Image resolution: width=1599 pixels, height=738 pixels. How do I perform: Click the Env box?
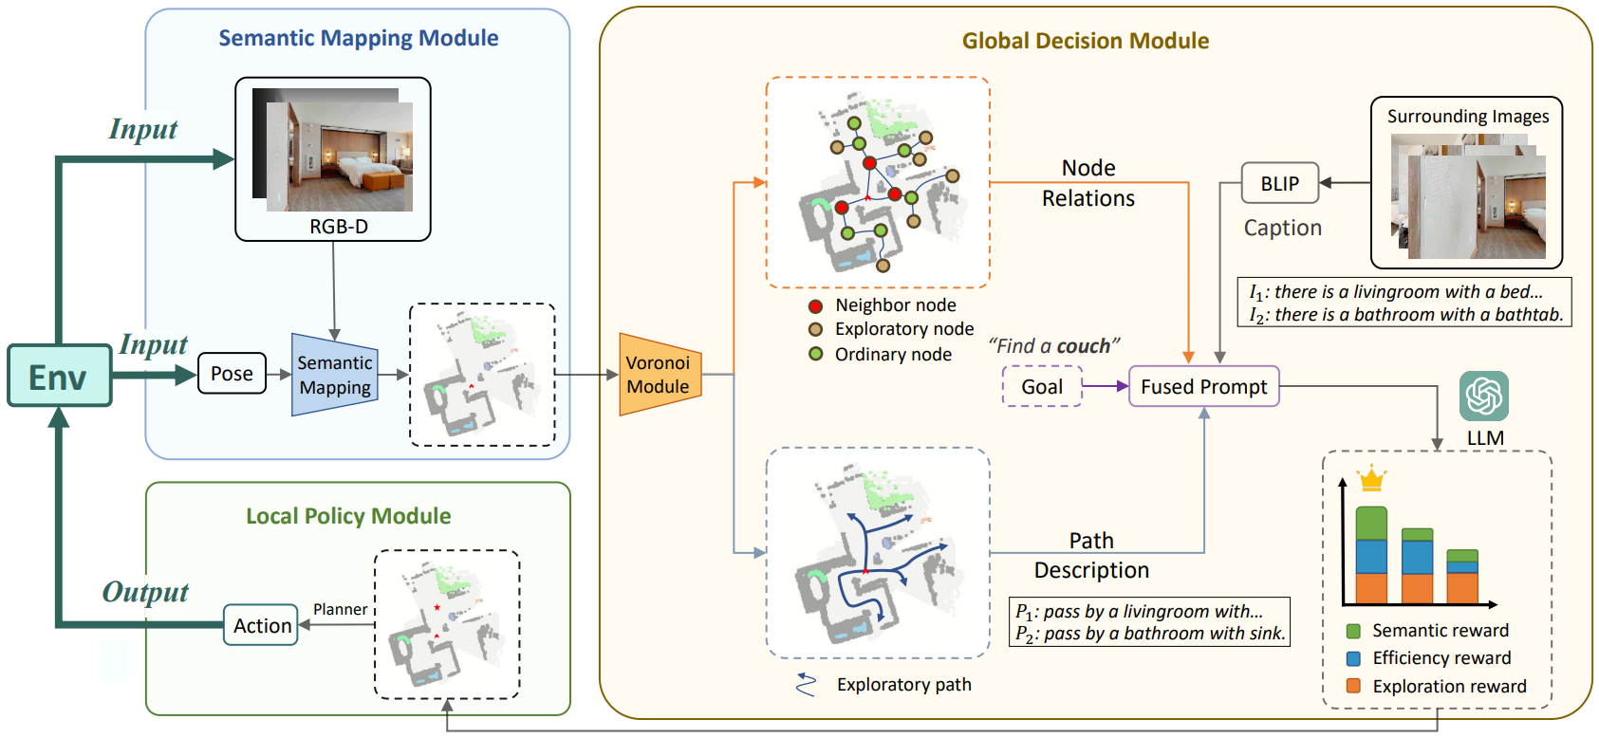coord(59,377)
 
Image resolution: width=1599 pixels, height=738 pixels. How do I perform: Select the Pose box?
coord(232,374)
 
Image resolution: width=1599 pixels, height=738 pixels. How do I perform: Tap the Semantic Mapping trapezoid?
coord(335,375)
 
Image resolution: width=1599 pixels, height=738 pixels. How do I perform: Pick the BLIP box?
coord(1279,183)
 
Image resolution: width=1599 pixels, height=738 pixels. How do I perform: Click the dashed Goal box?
coord(1042,387)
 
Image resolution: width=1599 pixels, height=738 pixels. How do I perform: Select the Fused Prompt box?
coord(1203,387)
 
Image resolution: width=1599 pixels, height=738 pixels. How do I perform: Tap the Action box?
coord(262,626)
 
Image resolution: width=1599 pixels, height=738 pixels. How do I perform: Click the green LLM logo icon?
coord(1484,397)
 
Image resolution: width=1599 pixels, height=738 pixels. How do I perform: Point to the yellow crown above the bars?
coord(1371,479)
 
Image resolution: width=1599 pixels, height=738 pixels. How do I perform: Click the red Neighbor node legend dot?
coord(815,306)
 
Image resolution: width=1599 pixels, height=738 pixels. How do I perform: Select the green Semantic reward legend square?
coord(1354,631)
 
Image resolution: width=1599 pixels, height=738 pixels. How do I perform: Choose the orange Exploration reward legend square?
coord(1354,686)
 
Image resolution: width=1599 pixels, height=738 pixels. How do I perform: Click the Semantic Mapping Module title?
coord(358,38)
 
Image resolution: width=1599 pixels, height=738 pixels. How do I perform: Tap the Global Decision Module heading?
coord(1085,41)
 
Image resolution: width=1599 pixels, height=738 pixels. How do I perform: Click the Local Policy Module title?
coord(348,516)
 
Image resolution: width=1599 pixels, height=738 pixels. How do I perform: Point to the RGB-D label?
coord(339,227)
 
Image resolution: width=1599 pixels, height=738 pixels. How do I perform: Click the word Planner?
coord(340,610)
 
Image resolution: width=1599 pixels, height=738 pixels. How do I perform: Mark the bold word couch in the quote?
coord(1083,346)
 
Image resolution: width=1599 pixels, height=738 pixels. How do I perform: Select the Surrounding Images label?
coord(1467,117)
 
